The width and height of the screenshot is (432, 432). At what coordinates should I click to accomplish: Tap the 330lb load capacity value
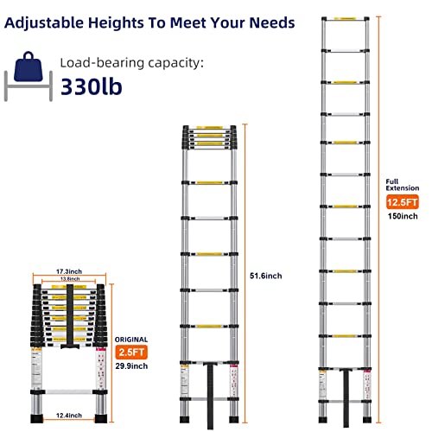click(97, 87)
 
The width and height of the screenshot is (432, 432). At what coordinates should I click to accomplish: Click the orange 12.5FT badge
click(403, 202)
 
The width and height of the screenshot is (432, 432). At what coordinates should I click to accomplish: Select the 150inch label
click(402, 216)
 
